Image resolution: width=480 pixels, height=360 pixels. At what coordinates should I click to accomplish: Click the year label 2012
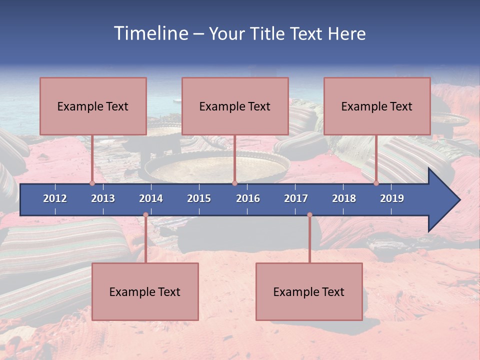tap(55, 198)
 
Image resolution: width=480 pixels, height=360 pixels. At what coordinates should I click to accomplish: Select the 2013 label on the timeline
tap(103, 198)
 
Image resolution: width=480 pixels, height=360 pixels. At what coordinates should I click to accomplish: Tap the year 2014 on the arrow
tap(151, 198)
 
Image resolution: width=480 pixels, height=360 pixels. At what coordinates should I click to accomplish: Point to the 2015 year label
tap(199, 198)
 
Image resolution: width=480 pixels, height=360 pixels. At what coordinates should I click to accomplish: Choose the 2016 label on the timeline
tap(248, 198)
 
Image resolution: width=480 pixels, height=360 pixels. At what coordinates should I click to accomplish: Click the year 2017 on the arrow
tap(296, 198)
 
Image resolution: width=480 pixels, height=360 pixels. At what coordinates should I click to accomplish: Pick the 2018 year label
tap(344, 198)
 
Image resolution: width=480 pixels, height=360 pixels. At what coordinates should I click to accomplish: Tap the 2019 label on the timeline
tap(392, 198)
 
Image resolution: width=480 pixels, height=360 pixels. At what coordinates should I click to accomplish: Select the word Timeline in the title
tap(150, 33)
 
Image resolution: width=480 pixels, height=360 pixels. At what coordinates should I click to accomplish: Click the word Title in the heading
tap(269, 34)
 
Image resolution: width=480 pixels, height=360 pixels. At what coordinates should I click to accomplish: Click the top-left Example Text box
tap(93, 106)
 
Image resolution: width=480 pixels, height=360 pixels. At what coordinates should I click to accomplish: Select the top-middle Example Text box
tap(235, 106)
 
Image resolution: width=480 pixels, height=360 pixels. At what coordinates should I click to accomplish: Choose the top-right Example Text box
tap(377, 106)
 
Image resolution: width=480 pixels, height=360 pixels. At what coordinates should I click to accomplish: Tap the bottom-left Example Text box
tap(145, 291)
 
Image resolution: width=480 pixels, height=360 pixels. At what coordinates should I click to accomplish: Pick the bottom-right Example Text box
tap(309, 291)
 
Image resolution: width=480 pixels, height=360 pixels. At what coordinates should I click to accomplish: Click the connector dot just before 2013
tap(92, 183)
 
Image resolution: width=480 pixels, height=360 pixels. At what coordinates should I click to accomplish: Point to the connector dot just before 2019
tap(376, 183)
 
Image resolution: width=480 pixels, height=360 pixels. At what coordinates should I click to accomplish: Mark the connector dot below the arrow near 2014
tap(145, 215)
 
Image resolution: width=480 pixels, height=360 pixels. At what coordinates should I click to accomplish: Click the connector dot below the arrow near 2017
tap(309, 215)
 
